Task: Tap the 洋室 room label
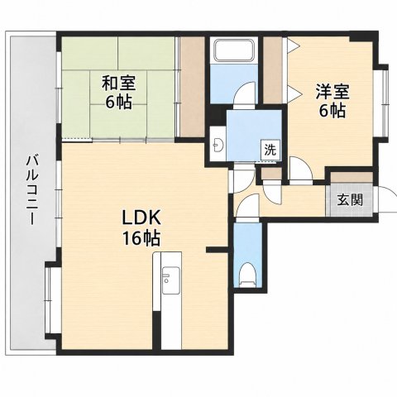click(332, 92)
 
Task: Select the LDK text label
click(141, 218)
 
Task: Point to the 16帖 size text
click(141, 238)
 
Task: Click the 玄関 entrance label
click(350, 200)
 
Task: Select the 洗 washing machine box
click(270, 150)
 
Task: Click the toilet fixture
click(247, 275)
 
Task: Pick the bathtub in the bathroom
click(234, 50)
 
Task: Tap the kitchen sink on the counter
click(170, 280)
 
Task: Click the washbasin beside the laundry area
click(219, 144)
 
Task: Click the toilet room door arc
click(247, 205)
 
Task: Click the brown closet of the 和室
click(193, 87)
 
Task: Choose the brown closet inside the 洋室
click(272, 70)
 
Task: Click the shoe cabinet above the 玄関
click(352, 178)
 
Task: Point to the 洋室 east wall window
click(385, 103)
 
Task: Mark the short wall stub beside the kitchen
click(218, 250)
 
